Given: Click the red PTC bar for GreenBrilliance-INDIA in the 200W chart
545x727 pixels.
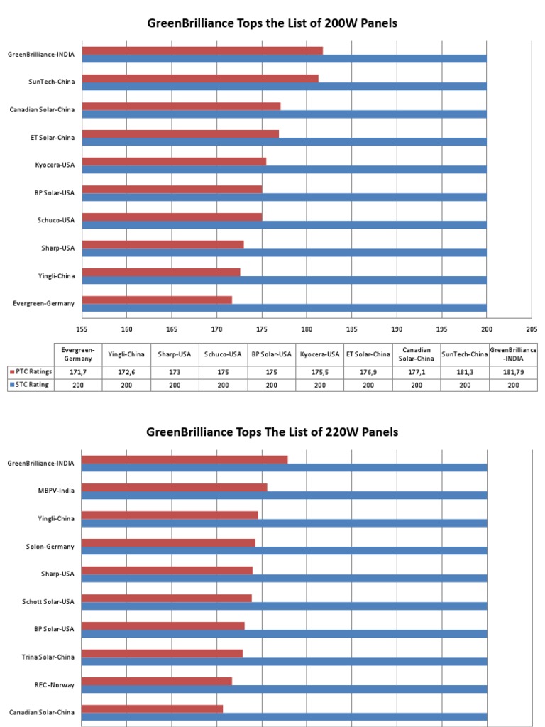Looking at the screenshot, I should pos(202,50).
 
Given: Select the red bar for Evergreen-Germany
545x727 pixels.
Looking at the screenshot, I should pos(157,300).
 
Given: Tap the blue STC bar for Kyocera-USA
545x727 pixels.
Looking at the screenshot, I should pos(284,169).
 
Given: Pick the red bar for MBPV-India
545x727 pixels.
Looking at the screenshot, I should pos(175,487).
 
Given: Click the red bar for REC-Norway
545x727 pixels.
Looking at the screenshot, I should pos(157,681).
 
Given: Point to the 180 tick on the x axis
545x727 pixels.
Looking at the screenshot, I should pos(307,329).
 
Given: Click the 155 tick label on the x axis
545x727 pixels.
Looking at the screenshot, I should pos(82,329).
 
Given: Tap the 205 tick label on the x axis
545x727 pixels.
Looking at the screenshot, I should pos(532,329).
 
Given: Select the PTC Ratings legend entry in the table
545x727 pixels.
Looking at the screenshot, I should pos(31,371).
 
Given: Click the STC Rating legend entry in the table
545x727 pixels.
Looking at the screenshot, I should pos(31,384).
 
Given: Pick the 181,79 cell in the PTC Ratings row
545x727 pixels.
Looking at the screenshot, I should pos(513,371).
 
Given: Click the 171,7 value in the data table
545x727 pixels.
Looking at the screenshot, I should pos(78,371).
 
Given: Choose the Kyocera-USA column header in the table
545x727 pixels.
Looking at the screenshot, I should pos(320,354).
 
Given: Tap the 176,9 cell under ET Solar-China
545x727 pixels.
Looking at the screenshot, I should pos(368,371).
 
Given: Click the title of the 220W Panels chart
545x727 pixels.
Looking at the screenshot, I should pos(272,432).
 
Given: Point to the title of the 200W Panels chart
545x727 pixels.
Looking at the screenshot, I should pos(272,23).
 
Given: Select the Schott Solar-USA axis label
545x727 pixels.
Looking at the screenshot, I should pos(48,602).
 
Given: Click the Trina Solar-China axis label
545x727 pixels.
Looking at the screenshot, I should pos(48,657).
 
